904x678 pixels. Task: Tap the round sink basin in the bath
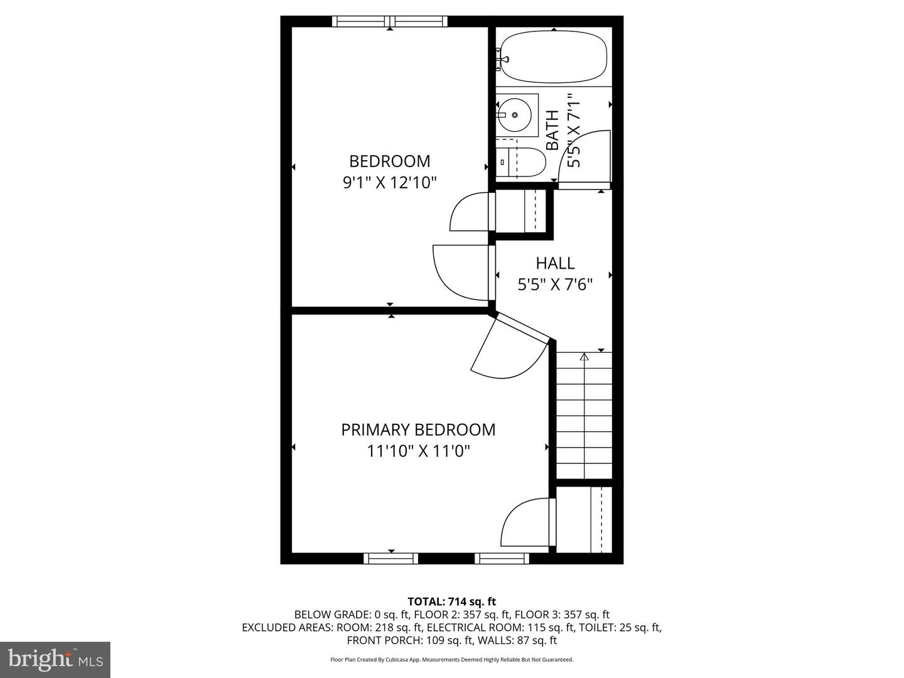tap(515, 115)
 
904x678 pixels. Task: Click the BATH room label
tap(552, 130)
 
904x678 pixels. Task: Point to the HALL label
tap(555, 263)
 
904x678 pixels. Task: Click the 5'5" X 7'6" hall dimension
tap(555, 284)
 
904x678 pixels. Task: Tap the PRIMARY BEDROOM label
tap(418, 430)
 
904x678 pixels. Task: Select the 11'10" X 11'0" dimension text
tap(418, 451)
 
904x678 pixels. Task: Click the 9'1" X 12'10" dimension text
tap(389, 183)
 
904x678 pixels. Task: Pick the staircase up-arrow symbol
tap(584, 358)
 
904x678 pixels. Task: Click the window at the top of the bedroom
tap(390, 21)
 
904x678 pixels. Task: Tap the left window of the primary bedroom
tap(390, 558)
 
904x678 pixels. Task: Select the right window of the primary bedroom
tap(502, 558)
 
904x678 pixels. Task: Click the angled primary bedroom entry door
tap(510, 352)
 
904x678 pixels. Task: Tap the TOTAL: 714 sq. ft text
tap(451, 601)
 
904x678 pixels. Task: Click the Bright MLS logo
tap(55, 659)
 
